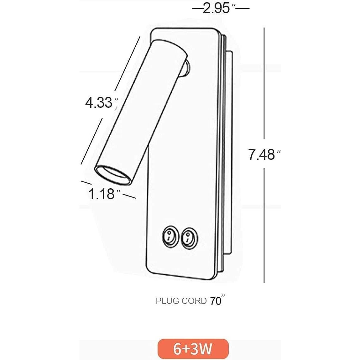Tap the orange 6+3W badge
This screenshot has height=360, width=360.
193,349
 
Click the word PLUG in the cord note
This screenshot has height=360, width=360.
167,301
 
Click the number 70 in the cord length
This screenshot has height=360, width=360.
216,301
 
